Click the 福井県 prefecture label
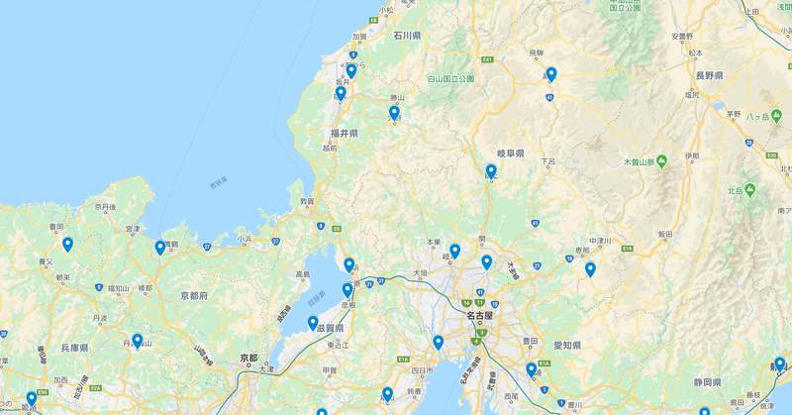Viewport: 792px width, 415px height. [x=346, y=133]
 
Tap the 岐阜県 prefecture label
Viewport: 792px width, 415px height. [x=510, y=154]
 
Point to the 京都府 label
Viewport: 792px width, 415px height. [x=194, y=296]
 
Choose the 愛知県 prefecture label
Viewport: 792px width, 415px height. [x=566, y=346]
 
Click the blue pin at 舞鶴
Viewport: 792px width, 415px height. [x=160, y=247]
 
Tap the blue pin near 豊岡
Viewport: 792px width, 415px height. [x=67, y=244]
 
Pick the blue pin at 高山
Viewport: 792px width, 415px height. [x=551, y=73]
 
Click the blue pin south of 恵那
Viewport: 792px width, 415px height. [x=590, y=268]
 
